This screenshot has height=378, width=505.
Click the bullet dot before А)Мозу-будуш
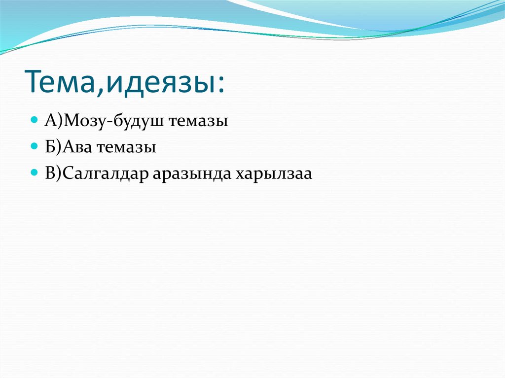click(x=34, y=120)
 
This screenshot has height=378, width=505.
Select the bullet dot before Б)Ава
click(x=34, y=146)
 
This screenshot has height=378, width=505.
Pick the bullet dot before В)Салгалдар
click(x=34, y=173)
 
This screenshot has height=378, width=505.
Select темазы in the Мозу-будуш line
click(x=199, y=121)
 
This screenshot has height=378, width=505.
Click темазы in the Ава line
click(x=128, y=148)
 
